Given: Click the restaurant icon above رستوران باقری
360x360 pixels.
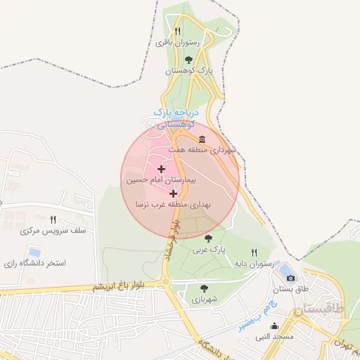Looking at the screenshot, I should point(178,31).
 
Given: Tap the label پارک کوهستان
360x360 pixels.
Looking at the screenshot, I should point(188,71).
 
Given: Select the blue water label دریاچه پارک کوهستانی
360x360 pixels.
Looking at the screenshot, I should point(176,118).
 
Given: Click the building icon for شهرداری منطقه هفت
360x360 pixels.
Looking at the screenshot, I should point(202,139).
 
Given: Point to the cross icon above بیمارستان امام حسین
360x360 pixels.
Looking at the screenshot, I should point(162,169).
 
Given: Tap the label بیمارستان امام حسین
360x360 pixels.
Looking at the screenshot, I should point(154,181).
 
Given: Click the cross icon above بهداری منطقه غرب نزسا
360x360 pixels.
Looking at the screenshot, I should point(173,193).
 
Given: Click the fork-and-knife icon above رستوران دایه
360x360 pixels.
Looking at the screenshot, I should point(254,252).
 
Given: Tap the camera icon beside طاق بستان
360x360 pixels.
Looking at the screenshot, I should point(290,278).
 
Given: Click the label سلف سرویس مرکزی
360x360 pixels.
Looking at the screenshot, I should point(53,231).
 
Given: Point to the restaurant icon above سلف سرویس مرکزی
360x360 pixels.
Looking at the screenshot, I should point(53,219).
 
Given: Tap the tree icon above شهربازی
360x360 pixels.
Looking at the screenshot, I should point(204,288).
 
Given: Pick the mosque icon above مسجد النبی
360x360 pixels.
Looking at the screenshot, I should point(274,326).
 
